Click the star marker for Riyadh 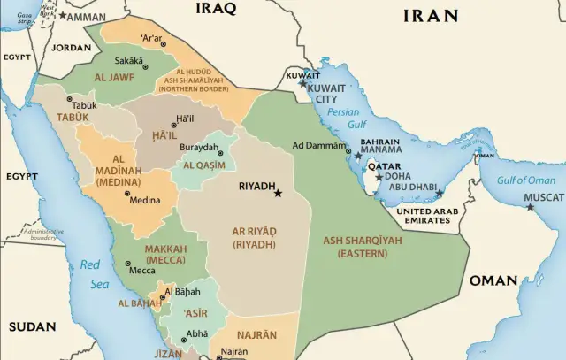click(278, 192)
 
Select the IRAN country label click(431, 16)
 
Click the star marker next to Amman click(63, 16)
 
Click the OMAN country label click(493, 280)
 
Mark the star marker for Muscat click(530, 207)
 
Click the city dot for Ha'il click(174, 126)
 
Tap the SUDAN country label click(32, 326)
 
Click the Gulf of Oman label click(525, 180)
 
